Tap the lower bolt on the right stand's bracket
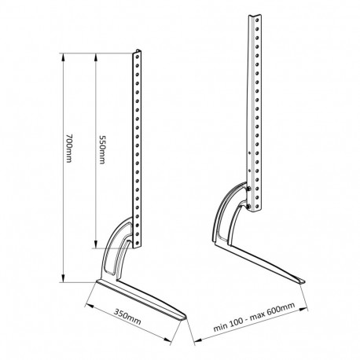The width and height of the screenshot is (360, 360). [x=250, y=207]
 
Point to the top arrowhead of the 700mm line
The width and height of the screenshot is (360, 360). [x=64, y=53]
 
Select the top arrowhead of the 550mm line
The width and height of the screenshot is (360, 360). [x=96, y=55]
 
